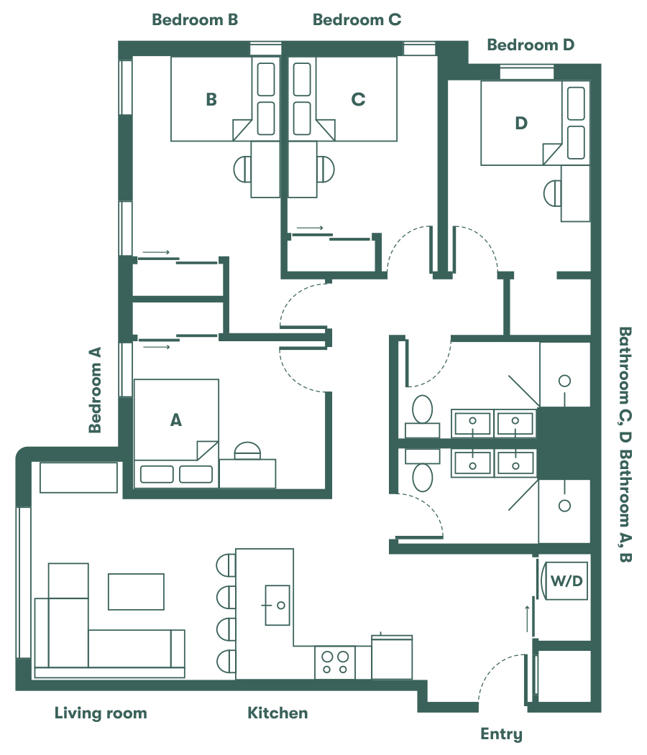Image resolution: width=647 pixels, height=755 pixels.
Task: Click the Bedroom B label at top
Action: tap(195, 20)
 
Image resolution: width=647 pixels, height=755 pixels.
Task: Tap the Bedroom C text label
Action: tap(357, 20)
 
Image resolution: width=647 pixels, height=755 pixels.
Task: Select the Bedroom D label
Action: tap(531, 45)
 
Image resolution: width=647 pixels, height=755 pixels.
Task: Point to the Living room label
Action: tap(101, 713)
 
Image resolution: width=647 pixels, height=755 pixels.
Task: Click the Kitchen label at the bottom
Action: tap(277, 713)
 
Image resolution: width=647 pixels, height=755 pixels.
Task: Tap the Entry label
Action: tap(501, 734)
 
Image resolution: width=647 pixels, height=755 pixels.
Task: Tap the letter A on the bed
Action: tap(175, 421)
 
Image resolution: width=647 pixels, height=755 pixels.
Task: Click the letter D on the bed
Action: tap(521, 124)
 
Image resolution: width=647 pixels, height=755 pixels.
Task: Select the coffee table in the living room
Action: tap(136, 591)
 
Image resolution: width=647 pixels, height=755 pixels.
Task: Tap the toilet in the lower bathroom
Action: tap(422, 476)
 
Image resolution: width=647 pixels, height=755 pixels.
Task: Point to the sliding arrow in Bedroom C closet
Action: tap(310, 228)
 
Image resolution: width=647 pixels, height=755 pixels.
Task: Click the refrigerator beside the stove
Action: tap(392, 657)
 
